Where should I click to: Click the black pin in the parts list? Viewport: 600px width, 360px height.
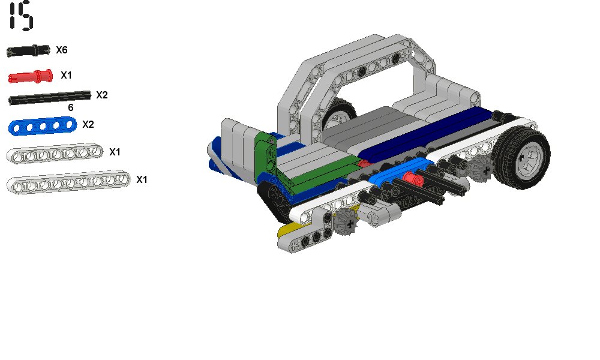28,50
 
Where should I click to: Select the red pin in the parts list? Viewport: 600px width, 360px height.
31,76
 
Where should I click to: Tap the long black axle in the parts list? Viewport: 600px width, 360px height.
50,98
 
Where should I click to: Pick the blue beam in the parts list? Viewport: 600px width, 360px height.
43,126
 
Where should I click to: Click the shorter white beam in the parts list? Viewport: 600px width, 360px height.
55,154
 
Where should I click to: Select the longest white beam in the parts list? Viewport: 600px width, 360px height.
68,182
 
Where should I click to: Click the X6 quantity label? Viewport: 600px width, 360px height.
62,50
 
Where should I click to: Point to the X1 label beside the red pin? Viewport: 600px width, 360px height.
66,76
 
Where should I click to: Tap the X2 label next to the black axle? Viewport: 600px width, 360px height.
102,95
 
